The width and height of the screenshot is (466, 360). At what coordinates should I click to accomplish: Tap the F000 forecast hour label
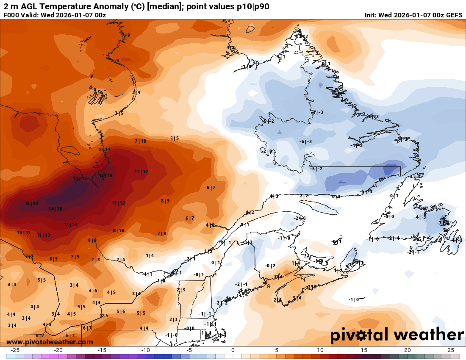(x=11, y=15)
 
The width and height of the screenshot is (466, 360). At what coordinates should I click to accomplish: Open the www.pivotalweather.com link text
(x=50, y=342)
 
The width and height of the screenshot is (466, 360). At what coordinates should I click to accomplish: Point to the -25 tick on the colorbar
(x=15, y=350)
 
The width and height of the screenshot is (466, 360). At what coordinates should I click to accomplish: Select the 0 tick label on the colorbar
(x=233, y=350)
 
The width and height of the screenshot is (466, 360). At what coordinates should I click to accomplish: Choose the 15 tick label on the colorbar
(x=363, y=350)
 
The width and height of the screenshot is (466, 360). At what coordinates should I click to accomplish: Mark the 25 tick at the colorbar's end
(x=450, y=350)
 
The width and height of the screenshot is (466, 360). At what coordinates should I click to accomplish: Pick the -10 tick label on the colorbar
(x=145, y=350)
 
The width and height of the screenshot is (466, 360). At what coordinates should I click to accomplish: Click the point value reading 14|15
(x=55, y=209)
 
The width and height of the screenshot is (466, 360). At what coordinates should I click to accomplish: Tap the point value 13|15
(x=105, y=175)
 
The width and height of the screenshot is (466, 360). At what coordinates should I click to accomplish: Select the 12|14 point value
(x=31, y=203)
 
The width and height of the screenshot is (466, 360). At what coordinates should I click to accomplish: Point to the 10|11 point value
(x=24, y=233)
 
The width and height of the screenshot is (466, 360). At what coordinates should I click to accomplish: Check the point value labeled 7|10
(x=140, y=141)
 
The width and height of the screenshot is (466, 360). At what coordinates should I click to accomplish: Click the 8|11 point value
(x=105, y=150)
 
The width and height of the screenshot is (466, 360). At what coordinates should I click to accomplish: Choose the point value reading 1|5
(x=175, y=138)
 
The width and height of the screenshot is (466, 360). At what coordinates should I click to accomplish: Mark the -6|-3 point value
(x=305, y=141)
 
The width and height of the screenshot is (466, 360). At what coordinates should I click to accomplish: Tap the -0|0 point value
(x=190, y=328)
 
